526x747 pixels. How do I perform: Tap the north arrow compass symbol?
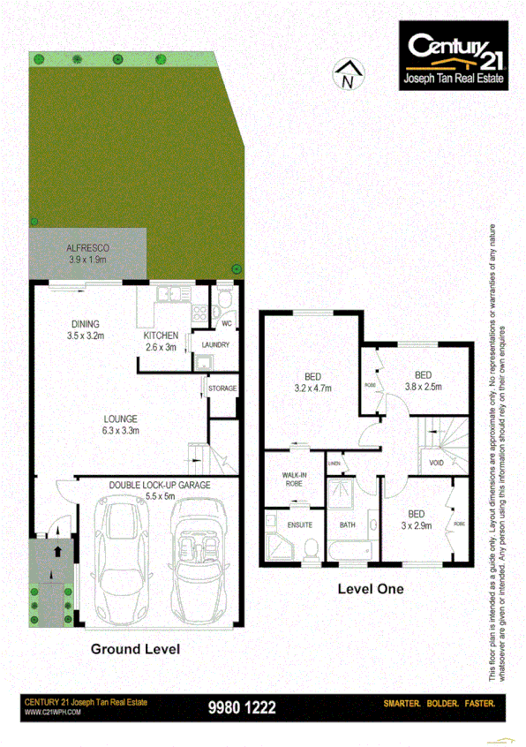point(347,75)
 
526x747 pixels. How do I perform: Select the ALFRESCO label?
point(86,254)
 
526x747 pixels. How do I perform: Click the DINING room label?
point(85,329)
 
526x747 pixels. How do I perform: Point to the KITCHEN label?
point(162,341)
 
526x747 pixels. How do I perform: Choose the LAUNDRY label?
point(215,344)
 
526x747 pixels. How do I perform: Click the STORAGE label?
point(222,387)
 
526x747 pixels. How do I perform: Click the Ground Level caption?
point(135,649)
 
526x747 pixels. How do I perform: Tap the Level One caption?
point(371,588)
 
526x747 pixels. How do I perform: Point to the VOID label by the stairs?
point(435,462)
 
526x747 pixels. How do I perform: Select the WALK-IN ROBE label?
point(295,479)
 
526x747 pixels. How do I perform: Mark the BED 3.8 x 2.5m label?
point(423,381)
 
